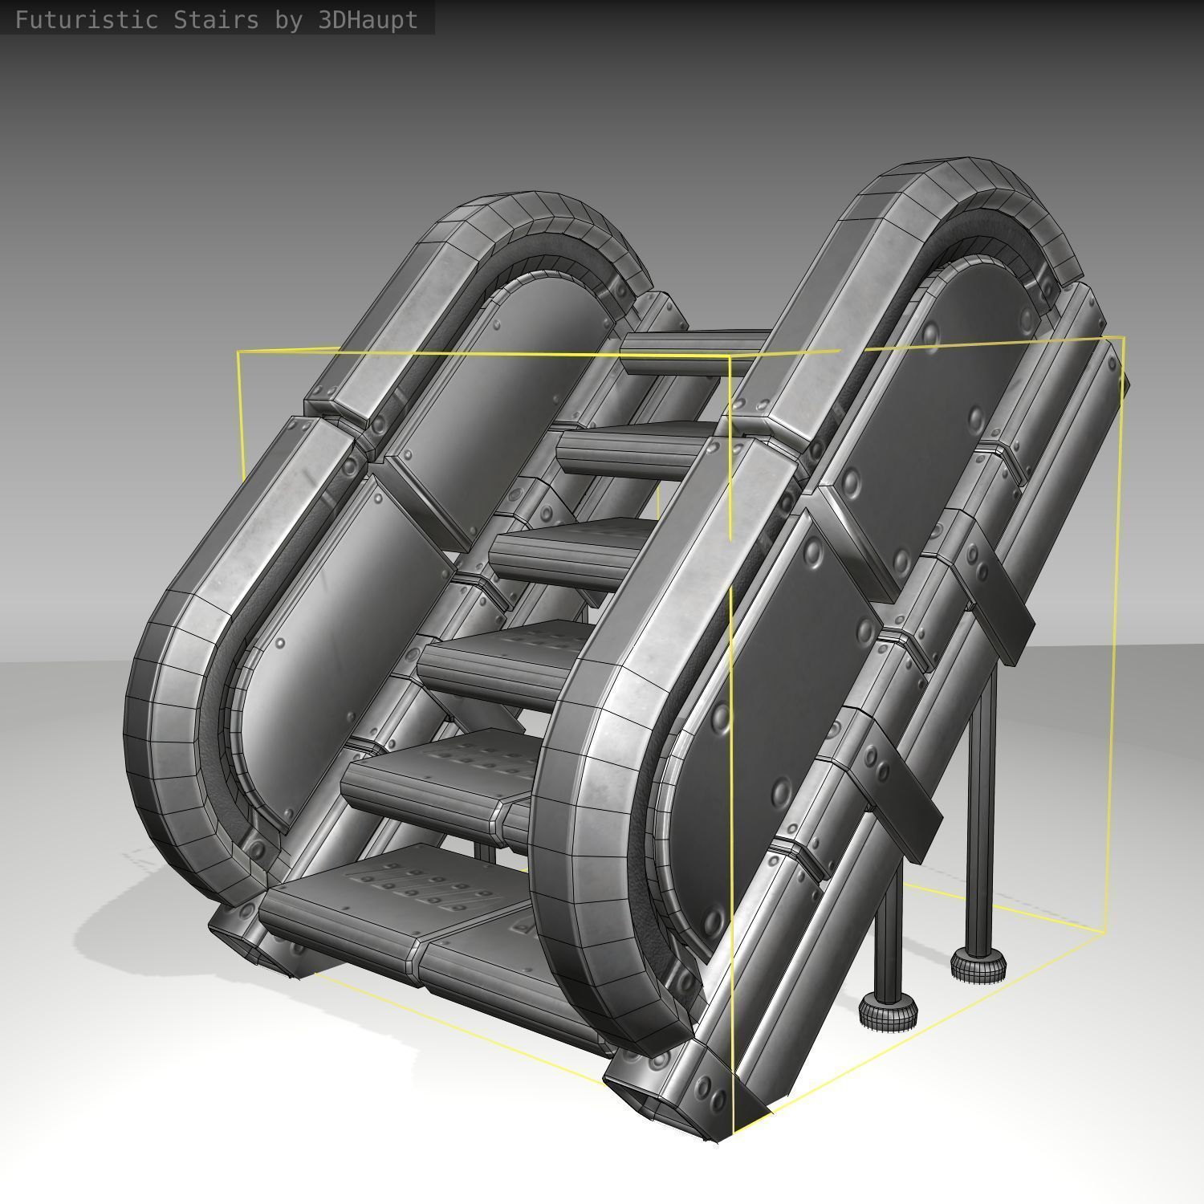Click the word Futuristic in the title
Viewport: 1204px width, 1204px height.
(x=86, y=20)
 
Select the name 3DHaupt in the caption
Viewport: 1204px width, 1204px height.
(x=368, y=20)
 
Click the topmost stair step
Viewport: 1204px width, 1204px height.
(x=690, y=350)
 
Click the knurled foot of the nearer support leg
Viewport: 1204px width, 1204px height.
(x=888, y=1012)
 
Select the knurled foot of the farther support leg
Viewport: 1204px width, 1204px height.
(x=978, y=964)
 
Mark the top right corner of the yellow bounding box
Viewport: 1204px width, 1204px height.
(x=1123, y=338)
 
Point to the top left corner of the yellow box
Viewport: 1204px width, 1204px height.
(x=238, y=352)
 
